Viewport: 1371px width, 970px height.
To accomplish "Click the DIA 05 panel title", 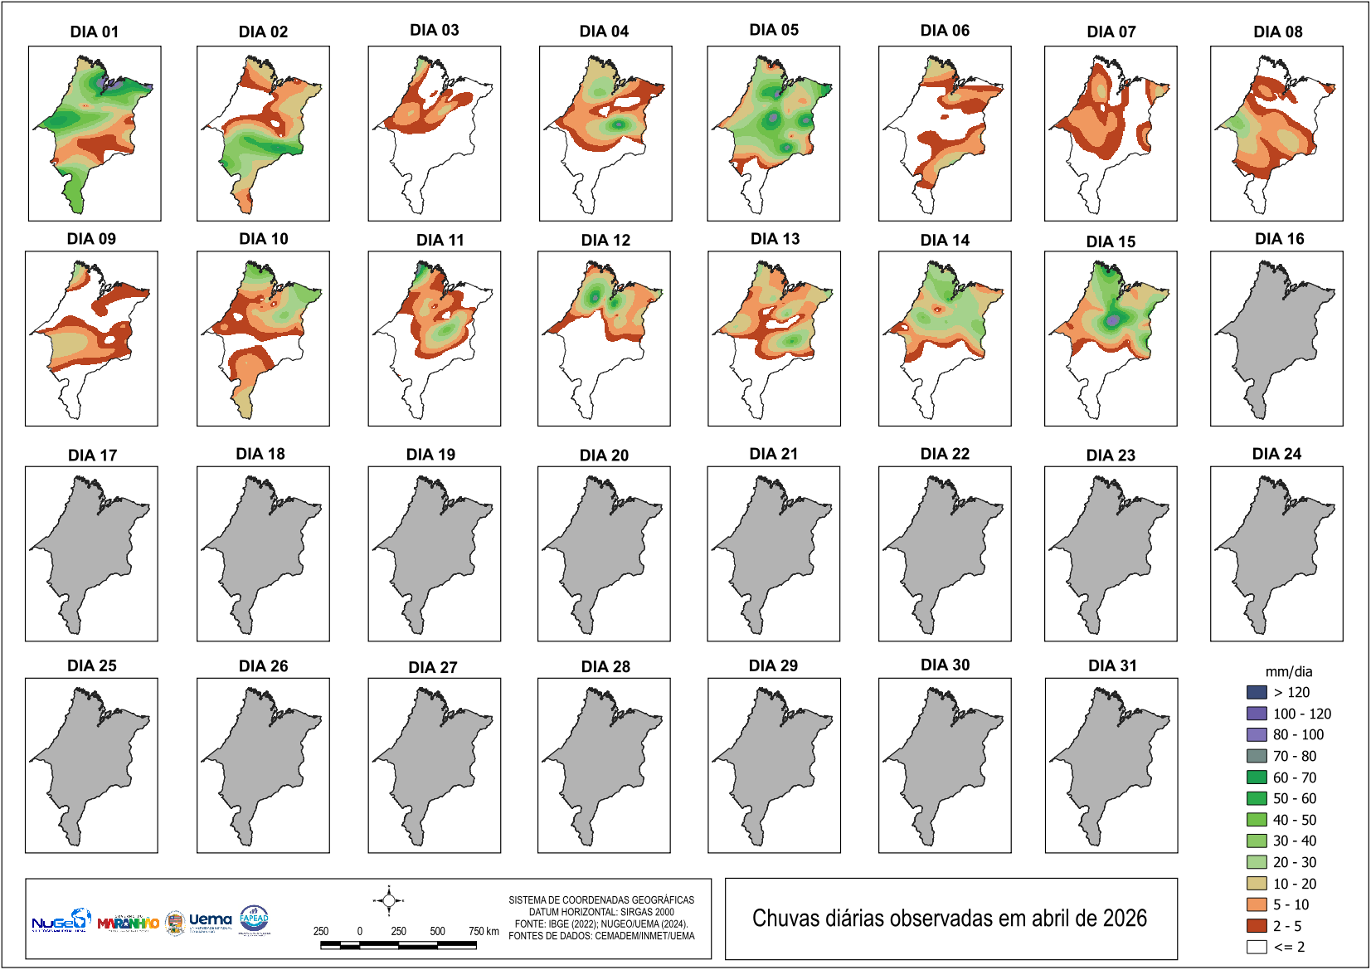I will coord(774,30).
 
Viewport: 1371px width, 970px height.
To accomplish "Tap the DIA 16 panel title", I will coord(1279,239).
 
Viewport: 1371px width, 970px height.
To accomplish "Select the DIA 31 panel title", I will coord(1112,665).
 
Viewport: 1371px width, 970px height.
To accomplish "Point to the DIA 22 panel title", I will coord(945,454).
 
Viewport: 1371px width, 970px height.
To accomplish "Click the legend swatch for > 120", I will coord(1257,692).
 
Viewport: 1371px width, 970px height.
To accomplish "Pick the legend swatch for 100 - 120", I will coord(1257,714).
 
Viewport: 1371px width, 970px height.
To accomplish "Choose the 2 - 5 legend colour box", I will coord(1257,926).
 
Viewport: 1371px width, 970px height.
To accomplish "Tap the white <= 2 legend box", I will coord(1257,947).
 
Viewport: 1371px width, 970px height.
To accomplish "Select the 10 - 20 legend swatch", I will coord(1257,884).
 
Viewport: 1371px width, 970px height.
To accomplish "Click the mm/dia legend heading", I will coord(1288,672).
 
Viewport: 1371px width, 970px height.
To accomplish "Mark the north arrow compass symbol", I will coord(388,900).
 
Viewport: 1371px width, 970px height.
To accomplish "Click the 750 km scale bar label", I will coord(484,931).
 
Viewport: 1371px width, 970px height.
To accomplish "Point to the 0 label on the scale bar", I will coord(360,931).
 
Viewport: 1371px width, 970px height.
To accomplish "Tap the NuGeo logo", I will coord(61,920).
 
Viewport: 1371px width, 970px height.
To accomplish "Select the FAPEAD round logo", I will coord(254,919).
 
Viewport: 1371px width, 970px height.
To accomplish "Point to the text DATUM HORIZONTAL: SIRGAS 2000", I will coord(601,912).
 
